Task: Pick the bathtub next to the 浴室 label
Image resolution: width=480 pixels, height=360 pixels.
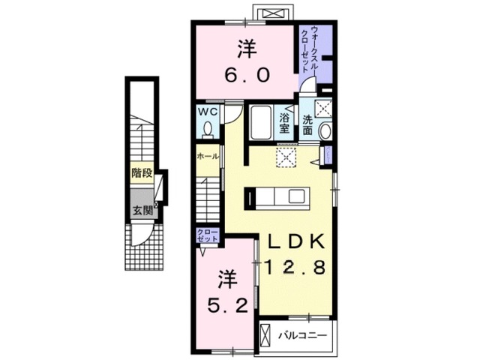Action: tap(260, 122)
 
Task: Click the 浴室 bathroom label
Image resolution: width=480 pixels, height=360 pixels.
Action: tap(286, 123)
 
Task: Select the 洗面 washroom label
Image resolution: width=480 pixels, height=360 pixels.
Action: tap(309, 123)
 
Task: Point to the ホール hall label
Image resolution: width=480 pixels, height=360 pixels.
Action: tap(207, 157)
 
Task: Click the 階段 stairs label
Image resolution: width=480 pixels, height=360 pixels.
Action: tap(142, 173)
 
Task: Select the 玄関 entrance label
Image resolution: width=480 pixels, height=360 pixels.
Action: tap(142, 211)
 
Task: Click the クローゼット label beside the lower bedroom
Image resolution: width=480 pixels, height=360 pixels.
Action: tap(207, 234)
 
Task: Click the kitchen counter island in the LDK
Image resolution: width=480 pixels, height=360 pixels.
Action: tap(277, 197)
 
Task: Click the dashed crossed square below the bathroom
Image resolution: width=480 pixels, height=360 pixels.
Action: tap(285, 157)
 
